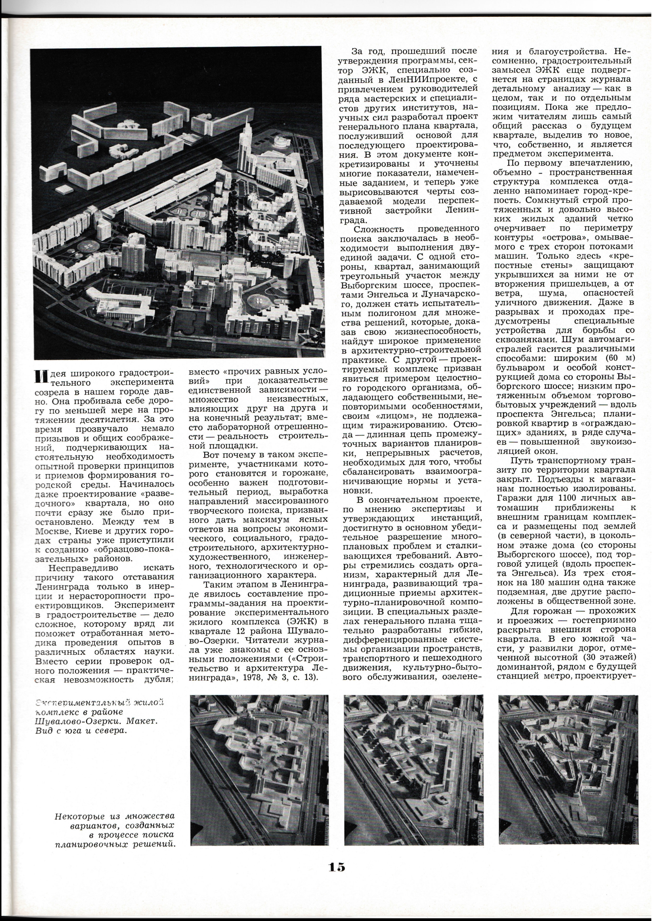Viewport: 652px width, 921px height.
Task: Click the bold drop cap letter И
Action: pyautogui.click(x=39, y=376)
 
